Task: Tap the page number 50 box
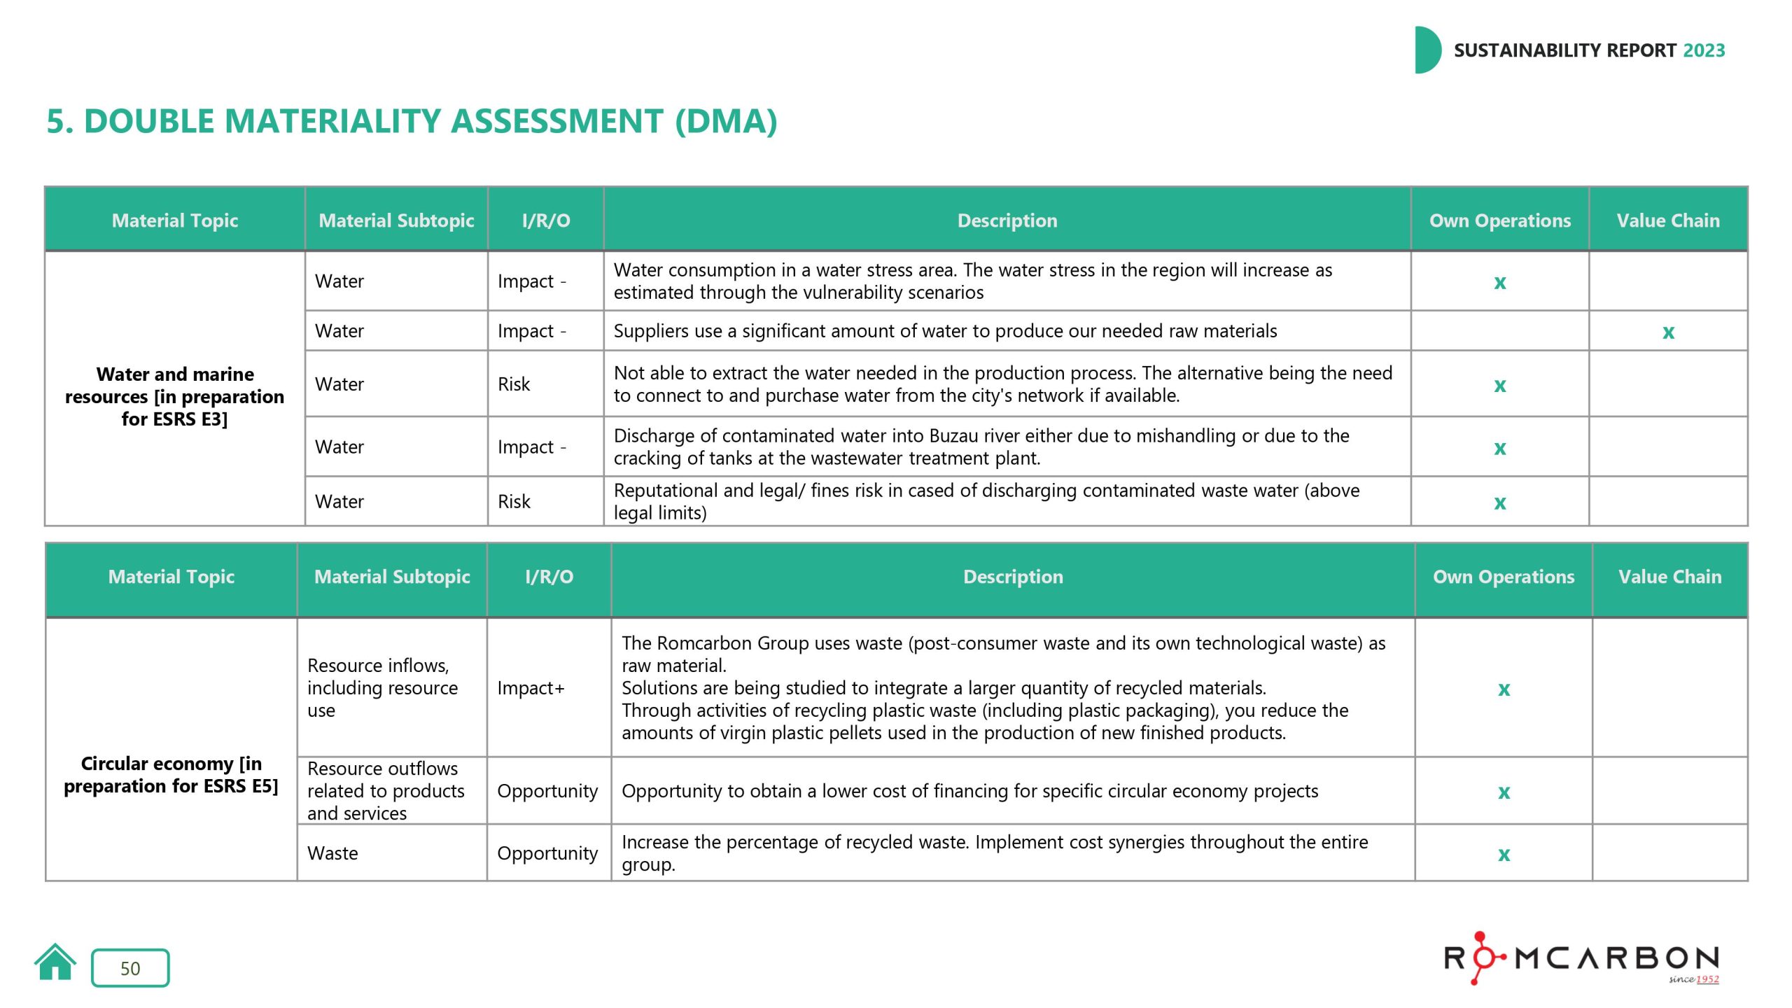pos(130,968)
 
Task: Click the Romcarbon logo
pos(1581,958)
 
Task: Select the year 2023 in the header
pos(1704,50)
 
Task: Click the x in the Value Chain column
pos(1668,332)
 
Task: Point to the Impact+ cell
pos(531,688)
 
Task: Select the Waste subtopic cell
pos(332,853)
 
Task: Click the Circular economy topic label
pos(171,774)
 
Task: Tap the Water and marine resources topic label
pos(174,396)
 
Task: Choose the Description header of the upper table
pos(1007,220)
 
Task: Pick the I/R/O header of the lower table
pos(549,577)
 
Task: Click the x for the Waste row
pos(1503,854)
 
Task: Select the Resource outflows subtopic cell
pos(386,791)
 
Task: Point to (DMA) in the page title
pos(726,121)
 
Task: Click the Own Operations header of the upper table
pos(1499,220)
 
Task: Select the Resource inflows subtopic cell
pos(382,687)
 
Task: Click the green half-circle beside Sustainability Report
pos(1426,50)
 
